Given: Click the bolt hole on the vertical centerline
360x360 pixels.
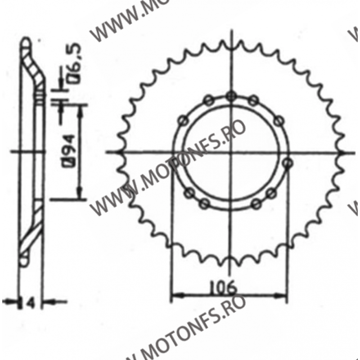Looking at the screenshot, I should pyautogui.click(x=232, y=95).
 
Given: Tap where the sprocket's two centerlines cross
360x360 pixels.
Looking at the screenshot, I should pyautogui.click(x=232, y=152).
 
